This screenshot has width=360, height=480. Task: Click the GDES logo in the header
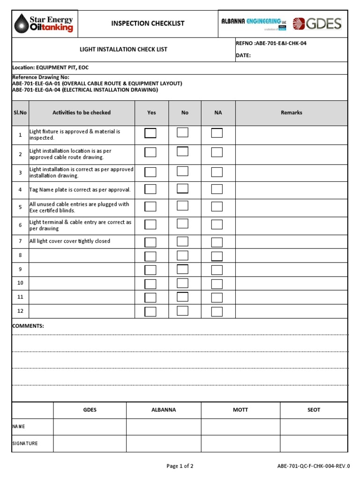pyautogui.click(x=317, y=23)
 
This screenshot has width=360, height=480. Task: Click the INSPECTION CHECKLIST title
pyautogui.click(x=148, y=23)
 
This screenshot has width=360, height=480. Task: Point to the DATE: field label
pyautogui.click(x=243, y=55)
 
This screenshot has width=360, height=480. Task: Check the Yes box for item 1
pyautogui.click(x=150, y=133)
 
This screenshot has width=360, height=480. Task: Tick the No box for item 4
pyautogui.click(x=182, y=189)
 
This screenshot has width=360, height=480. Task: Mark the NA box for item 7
pyautogui.click(x=217, y=242)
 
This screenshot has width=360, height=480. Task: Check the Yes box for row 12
pyautogui.click(x=150, y=312)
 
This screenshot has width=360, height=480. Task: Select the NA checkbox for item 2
pyautogui.click(x=217, y=152)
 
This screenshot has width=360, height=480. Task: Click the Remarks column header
pyautogui.click(x=292, y=112)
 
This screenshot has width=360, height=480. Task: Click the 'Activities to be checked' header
pyautogui.click(x=82, y=112)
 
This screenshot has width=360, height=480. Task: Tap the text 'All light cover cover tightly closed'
pyautogui.click(x=70, y=241)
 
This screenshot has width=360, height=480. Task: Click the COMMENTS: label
pyautogui.click(x=28, y=326)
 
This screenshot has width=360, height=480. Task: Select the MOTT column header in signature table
pyautogui.click(x=240, y=410)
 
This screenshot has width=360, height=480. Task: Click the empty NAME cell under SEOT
pyautogui.click(x=314, y=427)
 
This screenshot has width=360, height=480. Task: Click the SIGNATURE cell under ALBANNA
pyautogui.click(x=164, y=443)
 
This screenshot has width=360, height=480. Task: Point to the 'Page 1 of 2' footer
pyautogui.click(x=180, y=466)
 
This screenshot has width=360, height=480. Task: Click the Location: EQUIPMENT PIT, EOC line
pyautogui.click(x=51, y=67)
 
